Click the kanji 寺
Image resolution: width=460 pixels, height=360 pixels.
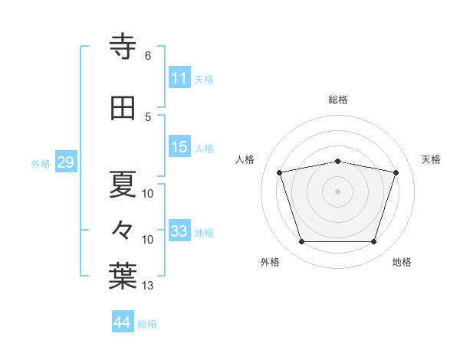click(123, 46)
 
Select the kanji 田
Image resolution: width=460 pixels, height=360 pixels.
click(123, 108)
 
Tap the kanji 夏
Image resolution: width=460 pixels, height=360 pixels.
click(123, 184)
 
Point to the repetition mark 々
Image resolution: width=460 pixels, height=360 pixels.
click(122, 230)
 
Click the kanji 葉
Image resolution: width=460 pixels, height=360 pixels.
click(123, 276)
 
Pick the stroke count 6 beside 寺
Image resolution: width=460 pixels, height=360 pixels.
click(148, 56)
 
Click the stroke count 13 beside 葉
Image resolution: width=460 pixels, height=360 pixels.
click(147, 285)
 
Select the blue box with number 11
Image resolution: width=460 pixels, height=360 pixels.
click(179, 77)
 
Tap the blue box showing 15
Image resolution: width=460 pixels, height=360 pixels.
click(179, 146)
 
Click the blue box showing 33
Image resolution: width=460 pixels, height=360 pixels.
click(179, 230)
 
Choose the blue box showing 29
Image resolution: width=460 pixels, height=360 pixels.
click(66, 162)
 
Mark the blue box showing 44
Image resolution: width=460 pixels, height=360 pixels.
click(123, 321)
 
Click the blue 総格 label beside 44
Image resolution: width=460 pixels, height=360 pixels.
click(147, 324)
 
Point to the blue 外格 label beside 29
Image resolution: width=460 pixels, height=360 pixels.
click(41, 164)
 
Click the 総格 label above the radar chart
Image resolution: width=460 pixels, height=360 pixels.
click(338, 100)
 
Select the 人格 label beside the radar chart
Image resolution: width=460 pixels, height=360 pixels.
click(245, 159)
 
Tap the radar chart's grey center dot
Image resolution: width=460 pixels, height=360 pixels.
click(337, 191)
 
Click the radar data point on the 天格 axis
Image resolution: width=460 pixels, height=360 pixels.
click(396, 172)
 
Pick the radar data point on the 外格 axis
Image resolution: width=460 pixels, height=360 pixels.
click(301, 241)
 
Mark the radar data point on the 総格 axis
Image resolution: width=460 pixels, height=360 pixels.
click(337, 162)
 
